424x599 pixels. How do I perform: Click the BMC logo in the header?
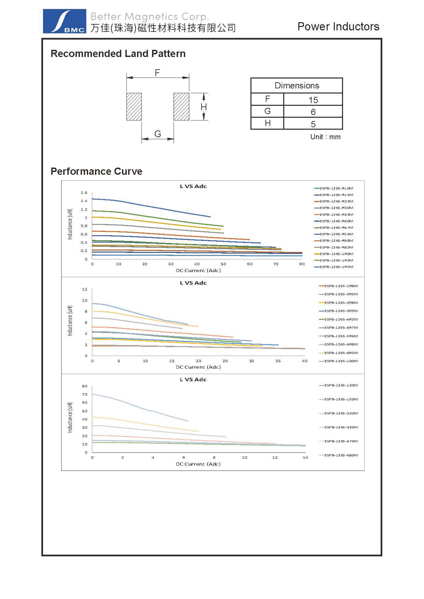point(64,21)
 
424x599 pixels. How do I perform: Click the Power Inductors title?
point(338,27)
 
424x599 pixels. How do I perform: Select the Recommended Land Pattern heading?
point(118,54)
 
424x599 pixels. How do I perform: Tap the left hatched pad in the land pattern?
point(134,106)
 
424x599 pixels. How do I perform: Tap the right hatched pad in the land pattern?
point(181,106)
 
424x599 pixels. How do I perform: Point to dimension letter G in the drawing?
point(158,134)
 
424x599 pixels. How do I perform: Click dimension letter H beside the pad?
point(204,107)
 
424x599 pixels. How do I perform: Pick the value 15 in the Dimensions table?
point(313,100)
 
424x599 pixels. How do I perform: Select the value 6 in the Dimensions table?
point(313,112)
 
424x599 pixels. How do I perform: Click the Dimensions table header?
point(297,85)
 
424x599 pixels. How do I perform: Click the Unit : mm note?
point(325,137)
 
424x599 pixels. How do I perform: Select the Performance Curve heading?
point(96,171)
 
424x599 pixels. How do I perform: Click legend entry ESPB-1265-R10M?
point(336,188)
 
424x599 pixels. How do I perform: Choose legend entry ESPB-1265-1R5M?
point(336,267)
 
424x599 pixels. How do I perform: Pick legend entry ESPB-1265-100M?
point(341,361)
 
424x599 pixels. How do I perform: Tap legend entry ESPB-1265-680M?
point(341,455)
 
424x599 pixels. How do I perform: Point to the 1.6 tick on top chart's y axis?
point(84,193)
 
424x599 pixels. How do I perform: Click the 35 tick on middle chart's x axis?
point(278,361)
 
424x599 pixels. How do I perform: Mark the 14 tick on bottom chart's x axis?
point(305,457)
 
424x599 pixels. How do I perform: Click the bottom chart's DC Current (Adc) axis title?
point(198,464)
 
